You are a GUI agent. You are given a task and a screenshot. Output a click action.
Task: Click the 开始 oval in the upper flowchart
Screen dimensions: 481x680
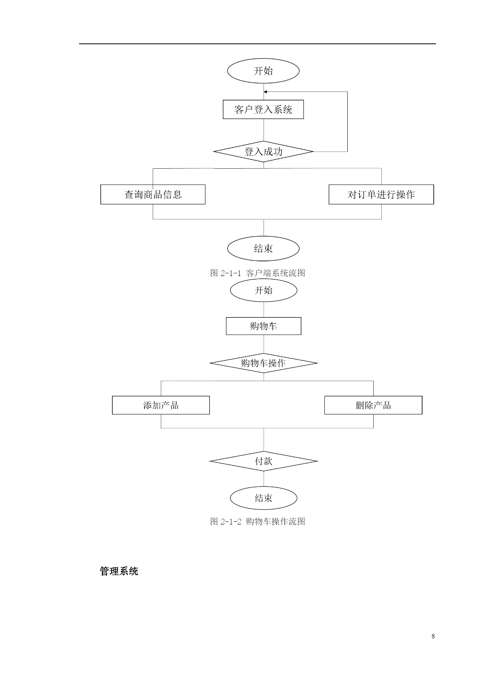pyautogui.click(x=263, y=71)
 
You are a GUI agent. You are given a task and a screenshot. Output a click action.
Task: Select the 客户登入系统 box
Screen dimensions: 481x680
pyautogui.click(x=263, y=109)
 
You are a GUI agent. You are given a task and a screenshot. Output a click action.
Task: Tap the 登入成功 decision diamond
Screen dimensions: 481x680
pyautogui.click(x=264, y=152)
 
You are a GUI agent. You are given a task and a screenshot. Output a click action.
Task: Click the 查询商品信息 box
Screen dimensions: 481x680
pyautogui.click(x=153, y=194)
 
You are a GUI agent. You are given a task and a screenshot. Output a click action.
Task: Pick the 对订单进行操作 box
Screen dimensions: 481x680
pyautogui.click(x=381, y=194)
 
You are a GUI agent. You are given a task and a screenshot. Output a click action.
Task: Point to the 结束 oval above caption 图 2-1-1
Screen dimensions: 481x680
pyautogui.click(x=263, y=249)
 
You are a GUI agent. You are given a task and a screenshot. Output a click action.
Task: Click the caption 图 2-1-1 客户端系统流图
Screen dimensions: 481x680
pyautogui.click(x=258, y=273)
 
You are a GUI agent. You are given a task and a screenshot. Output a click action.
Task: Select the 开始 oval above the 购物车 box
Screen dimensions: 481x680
pyautogui.click(x=264, y=290)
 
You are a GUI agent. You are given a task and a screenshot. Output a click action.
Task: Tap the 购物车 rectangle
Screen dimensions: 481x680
pyautogui.click(x=264, y=326)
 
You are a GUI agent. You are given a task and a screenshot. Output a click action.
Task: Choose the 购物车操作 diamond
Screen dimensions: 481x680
pyautogui.click(x=264, y=363)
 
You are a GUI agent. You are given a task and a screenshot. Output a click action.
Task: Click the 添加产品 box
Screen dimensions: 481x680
pyautogui.click(x=161, y=405)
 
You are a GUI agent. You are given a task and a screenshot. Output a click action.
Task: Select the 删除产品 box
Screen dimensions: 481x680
pyautogui.click(x=373, y=405)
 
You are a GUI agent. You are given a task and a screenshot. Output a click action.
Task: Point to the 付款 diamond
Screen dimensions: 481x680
pyautogui.click(x=264, y=461)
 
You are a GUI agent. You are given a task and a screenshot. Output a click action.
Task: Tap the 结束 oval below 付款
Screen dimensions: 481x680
pyautogui.click(x=264, y=498)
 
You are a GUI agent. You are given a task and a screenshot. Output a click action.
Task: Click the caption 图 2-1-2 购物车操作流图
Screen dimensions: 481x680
pyautogui.click(x=258, y=521)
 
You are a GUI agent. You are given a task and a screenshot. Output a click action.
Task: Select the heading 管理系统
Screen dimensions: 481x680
pyautogui.click(x=119, y=571)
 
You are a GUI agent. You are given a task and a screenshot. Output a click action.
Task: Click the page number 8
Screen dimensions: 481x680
pyautogui.click(x=433, y=636)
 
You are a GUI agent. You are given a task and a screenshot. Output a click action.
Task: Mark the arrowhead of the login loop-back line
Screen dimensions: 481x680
pyautogui.click(x=265, y=92)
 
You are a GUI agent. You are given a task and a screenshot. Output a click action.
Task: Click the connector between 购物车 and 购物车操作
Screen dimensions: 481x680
pyautogui.click(x=264, y=344)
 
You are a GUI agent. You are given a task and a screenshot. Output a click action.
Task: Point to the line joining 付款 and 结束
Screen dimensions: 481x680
pyautogui.click(x=264, y=479)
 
